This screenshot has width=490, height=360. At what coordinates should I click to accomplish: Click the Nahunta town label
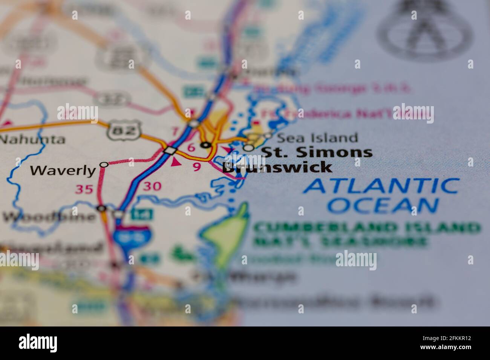point(32,139)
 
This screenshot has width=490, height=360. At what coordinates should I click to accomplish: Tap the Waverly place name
point(63,171)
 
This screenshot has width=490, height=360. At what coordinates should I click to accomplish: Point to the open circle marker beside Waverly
point(104,165)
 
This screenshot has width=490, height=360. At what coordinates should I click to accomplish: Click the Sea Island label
point(317,138)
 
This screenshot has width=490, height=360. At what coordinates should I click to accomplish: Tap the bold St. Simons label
point(317,152)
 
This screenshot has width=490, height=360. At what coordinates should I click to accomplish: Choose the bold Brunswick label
point(277,167)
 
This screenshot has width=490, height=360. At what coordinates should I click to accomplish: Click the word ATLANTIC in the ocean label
point(381,186)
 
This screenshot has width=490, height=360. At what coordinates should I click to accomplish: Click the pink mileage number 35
point(84,189)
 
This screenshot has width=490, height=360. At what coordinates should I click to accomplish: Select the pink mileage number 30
point(152,186)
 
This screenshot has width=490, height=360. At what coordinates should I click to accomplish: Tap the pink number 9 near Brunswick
point(197,167)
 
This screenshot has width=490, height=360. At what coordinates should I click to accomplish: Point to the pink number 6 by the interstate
point(191,148)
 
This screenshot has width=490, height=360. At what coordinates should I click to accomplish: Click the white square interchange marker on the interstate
point(170,150)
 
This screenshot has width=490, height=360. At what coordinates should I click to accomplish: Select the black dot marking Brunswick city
point(206,145)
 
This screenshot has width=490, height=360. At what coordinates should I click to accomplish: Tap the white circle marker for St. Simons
point(249,148)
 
